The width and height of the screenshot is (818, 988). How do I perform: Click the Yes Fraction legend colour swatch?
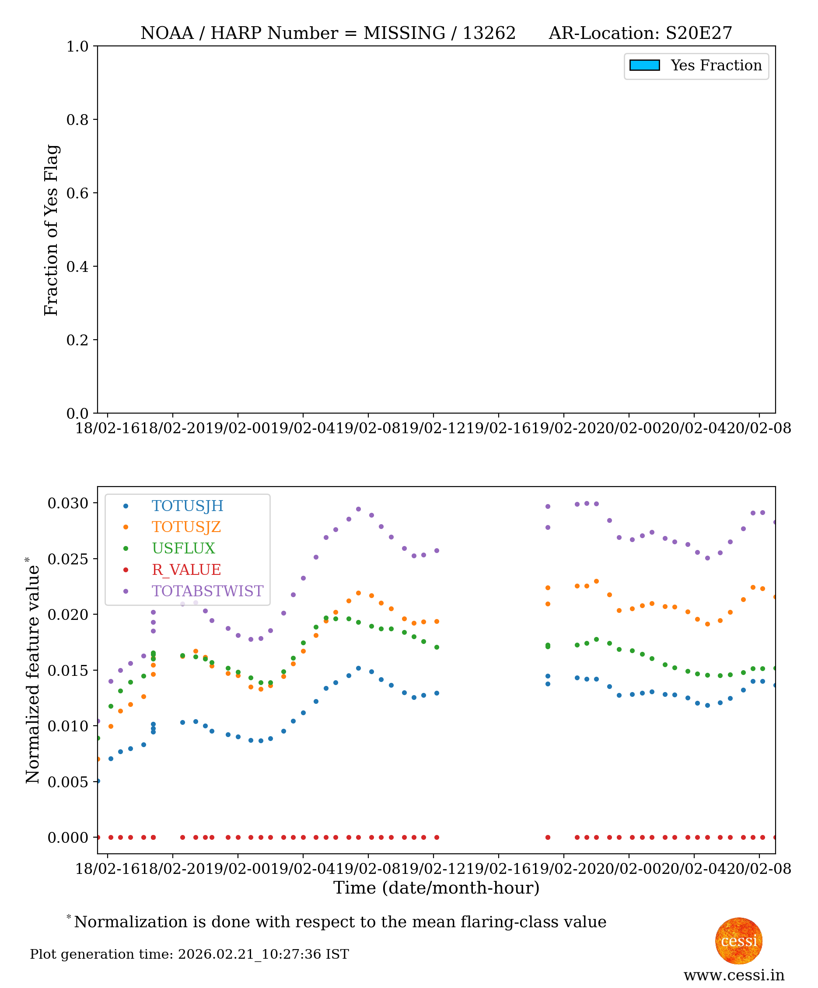(644, 66)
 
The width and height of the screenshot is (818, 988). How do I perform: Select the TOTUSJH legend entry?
(187, 506)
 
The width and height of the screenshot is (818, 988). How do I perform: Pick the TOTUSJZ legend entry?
(186, 527)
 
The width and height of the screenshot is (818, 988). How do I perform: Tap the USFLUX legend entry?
(183, 548)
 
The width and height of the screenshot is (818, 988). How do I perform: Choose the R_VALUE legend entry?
(186, 570)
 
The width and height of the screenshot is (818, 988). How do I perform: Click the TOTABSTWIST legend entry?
(207, 591)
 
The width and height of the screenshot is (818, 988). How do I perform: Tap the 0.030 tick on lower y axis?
(68, 503)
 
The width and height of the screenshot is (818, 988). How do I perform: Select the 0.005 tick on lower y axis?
(68, 782)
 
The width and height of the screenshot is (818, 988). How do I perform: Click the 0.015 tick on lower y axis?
(68, 671)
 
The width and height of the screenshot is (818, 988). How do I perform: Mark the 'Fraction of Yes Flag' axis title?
(51, 230)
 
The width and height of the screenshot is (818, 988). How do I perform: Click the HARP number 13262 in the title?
(489, 33)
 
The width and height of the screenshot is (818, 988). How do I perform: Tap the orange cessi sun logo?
(738, 941)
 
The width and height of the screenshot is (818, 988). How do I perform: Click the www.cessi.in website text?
(734, 976)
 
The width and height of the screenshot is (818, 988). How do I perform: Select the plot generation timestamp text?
(189, 954)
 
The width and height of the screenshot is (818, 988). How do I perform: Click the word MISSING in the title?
(404, 33)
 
